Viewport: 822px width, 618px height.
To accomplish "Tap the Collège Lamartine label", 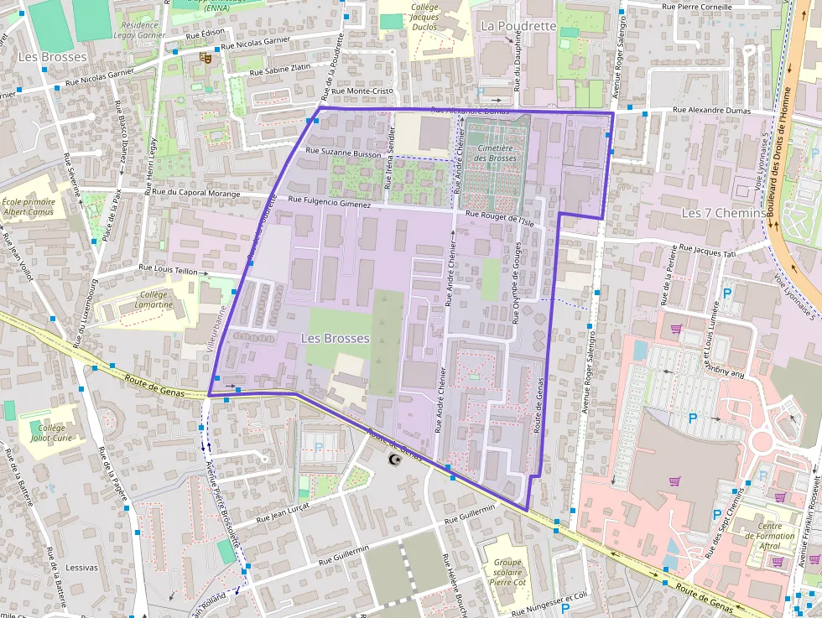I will click(153, 299).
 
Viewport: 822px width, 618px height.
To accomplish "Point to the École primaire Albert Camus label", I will click(29, 207).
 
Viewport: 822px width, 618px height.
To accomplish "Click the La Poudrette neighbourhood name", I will click(518, 26).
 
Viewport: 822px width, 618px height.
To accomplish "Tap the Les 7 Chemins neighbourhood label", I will click(723, 213).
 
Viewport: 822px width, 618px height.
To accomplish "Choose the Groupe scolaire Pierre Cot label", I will click(508, 574).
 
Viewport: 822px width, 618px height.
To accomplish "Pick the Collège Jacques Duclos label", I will click(424, 17).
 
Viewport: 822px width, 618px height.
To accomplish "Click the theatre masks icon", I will click(204, 58).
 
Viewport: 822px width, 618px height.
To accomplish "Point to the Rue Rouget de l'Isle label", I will click(499, 216).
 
